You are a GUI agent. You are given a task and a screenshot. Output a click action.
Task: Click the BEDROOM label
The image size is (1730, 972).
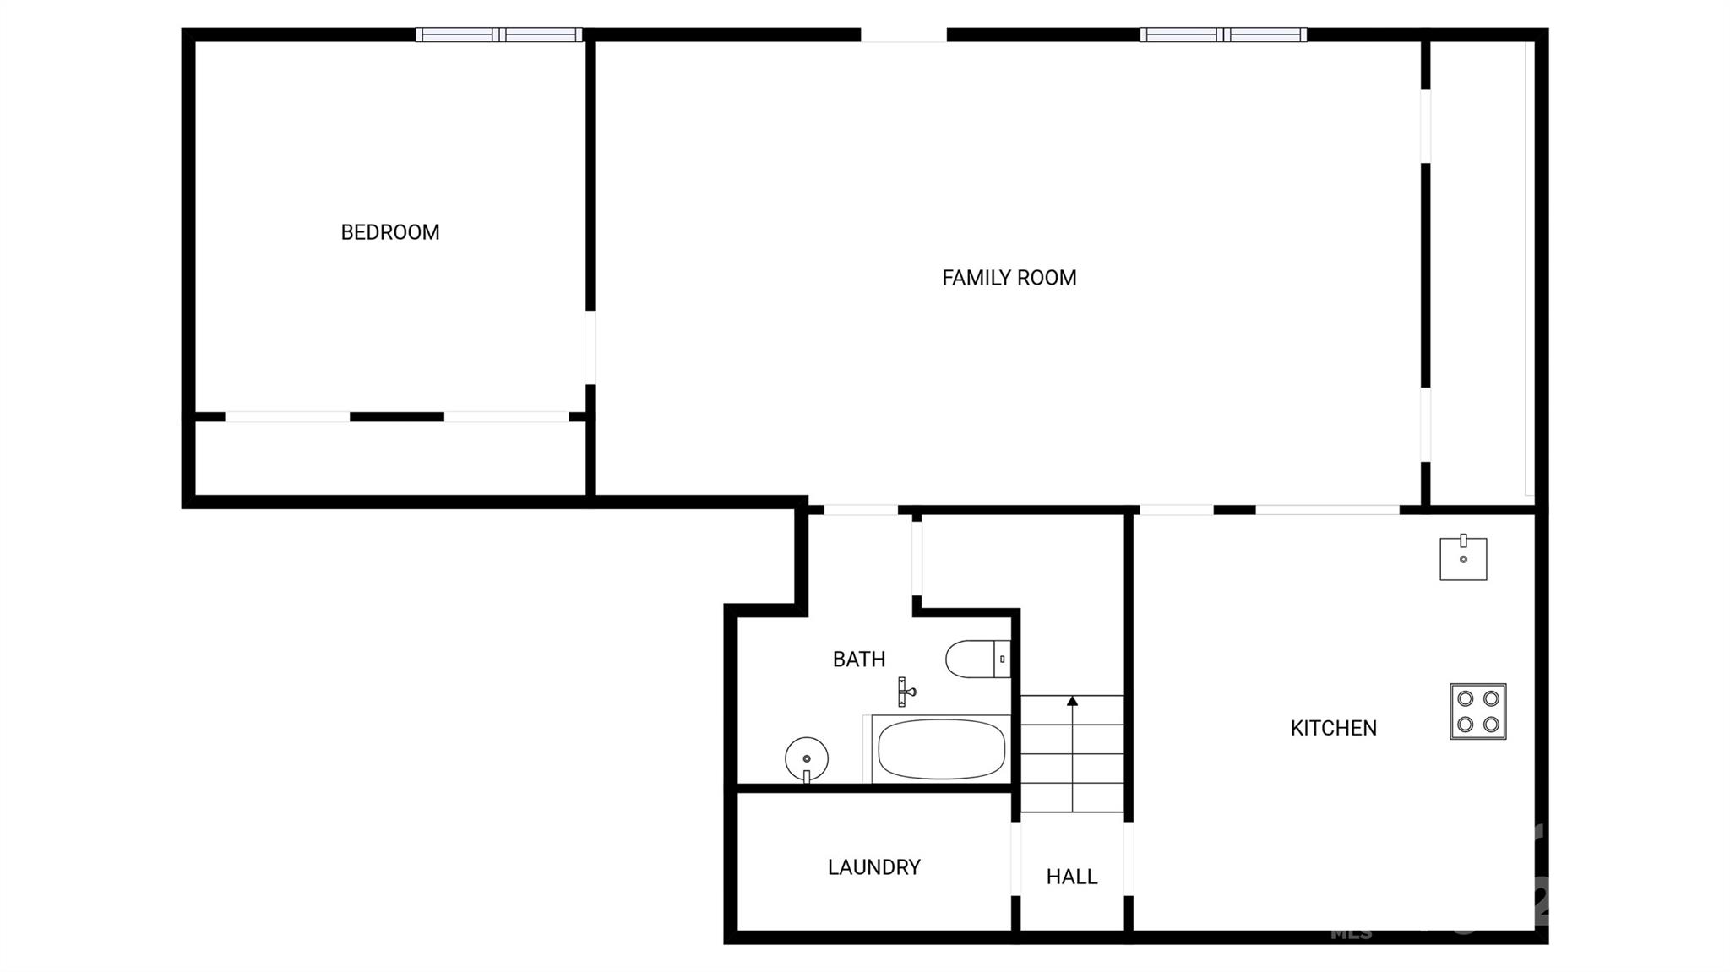(x=389, y=232)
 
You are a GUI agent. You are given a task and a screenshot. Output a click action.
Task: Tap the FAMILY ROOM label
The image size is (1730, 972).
(x=1009, y=278)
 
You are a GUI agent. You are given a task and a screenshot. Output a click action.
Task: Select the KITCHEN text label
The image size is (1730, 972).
(x=1333, y=728)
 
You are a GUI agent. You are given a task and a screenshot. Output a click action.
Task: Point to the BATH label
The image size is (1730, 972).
(x=858, y=660)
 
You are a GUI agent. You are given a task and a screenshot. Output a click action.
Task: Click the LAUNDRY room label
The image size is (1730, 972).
(x=873, y=867)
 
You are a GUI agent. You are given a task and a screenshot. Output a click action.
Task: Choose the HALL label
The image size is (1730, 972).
(x=1071, y=877)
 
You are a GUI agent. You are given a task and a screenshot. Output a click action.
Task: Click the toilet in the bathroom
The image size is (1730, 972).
(x=977, y=659)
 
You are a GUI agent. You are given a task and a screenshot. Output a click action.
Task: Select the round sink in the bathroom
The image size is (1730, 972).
(x=807, y=758)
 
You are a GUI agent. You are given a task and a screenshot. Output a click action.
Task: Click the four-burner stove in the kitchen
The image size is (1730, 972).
(x=1478, y=712)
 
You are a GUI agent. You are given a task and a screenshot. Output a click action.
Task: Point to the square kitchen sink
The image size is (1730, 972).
(x=1463, y=557)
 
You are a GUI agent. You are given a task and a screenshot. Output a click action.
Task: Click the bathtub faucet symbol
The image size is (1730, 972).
(x=905, y=692)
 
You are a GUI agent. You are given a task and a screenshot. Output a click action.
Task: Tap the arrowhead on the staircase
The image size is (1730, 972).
(x=1072, y=701)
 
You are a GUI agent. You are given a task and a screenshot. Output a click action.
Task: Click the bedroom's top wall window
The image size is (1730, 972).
(x=499, y=35)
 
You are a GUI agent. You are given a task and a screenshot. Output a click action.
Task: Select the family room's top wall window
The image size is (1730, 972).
(x=1222, y=35)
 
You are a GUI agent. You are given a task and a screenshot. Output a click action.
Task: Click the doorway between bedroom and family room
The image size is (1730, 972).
(x=590, y=348)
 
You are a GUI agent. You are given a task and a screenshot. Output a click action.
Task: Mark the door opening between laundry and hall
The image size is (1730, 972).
(x=1016, y=859)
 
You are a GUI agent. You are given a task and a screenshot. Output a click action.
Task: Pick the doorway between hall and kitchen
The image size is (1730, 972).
(x=1129, y=859)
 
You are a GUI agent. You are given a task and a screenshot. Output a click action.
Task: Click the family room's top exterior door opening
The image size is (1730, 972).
(x=904, y=35)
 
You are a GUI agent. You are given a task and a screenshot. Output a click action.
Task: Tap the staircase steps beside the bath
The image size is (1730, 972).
(x=1072, y=754)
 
